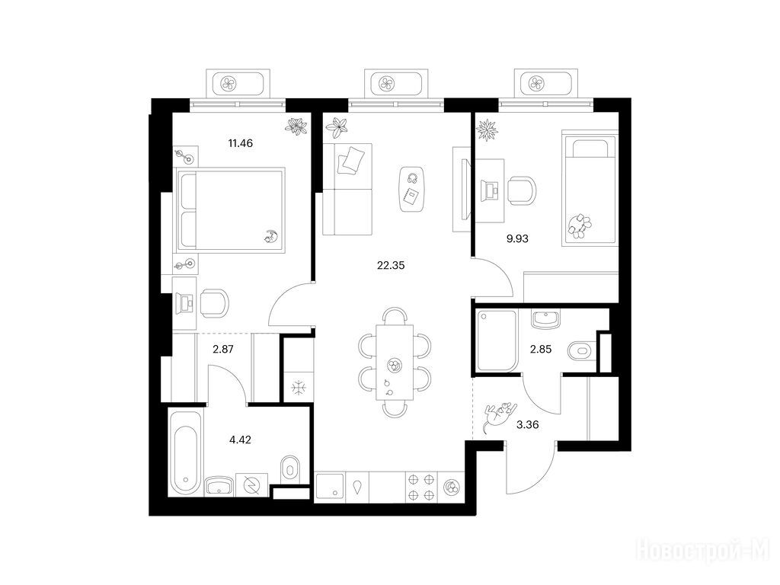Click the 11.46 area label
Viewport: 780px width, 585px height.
(240, 143)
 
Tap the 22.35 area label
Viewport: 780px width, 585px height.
(391, 266)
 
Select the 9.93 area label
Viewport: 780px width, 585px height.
(517, 238)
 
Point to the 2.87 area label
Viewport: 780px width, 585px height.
(223, 349)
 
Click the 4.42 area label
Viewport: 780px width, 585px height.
(240, 440)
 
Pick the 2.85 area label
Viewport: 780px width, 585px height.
(541, 349)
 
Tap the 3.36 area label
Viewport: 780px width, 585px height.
(528, 425)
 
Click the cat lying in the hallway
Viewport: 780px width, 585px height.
(500, 414)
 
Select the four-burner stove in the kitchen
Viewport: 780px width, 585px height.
(420, 487)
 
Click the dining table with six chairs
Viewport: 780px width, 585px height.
(395, 362)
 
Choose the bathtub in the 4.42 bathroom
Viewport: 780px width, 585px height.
(186, 452)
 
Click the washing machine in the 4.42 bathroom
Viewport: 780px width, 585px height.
(251, 484)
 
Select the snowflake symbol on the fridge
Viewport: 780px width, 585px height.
(299, 388)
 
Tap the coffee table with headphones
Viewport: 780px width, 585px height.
(412, 189)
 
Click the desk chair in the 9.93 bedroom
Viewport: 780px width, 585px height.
(523, 190)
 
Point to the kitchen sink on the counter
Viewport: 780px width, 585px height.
(330, 485)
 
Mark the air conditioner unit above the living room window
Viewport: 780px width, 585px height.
(396, 83)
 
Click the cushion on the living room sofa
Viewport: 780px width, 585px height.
(350, 160)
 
